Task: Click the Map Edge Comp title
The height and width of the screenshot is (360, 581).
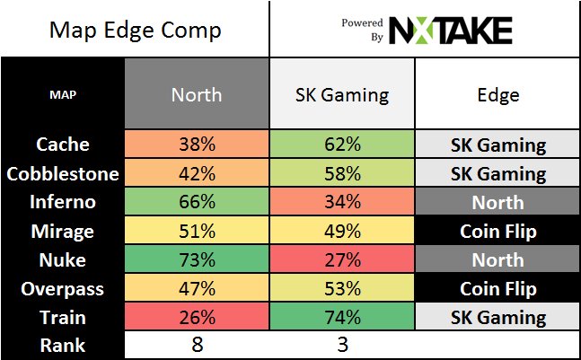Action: point(135,31)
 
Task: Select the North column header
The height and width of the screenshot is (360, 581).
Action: point(198,93)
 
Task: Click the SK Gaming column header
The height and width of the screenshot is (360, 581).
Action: point(342,93)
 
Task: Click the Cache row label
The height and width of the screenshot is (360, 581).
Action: point(63,145)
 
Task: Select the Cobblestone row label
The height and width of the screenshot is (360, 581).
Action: point(63,173)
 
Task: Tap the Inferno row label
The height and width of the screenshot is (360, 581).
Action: point(63,202)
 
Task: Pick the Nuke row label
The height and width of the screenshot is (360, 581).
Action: point(63,259)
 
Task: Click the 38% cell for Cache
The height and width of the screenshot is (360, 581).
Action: point(198,145)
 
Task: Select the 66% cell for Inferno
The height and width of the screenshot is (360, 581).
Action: point(198,202)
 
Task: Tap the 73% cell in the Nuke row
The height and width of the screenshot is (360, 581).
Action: point(198,259)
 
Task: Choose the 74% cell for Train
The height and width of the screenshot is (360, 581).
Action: point(342,317)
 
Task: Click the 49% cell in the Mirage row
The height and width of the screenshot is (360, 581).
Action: point(342,231)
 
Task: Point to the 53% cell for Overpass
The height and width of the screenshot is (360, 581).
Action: point(342,288)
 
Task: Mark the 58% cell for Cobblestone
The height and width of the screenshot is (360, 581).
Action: point(342,173)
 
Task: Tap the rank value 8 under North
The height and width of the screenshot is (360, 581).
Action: point(198,345)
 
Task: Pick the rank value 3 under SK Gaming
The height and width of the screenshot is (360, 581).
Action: point(342,345)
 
